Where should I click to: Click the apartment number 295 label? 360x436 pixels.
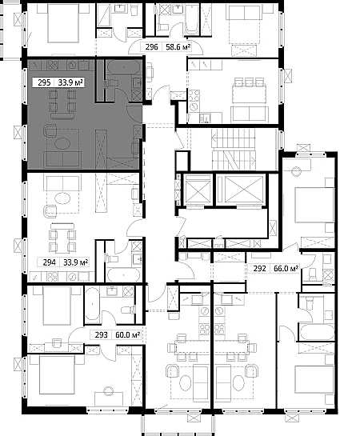tap(44, 82)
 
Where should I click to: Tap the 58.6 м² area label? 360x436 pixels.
tap(178, 47)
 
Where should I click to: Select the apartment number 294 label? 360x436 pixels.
tap(50, 262)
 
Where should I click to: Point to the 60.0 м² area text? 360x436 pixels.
tap(127, 334)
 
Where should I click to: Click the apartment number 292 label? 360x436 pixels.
tap(259, 269)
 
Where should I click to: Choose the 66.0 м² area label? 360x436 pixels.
tap(286, 269)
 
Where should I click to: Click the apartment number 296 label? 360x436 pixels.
tap(152, 47)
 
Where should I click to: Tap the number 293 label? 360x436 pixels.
tap(101, 334)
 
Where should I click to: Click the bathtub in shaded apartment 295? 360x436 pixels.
tap(124, 67)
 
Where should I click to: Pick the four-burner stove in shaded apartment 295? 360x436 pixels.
tap(53, 66)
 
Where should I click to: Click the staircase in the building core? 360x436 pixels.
tap(234, 150)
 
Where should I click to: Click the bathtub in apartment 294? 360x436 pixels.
tap(124, 274)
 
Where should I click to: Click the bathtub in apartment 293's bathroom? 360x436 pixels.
tap(92, 304)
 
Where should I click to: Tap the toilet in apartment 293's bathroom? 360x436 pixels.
tap(128, 310)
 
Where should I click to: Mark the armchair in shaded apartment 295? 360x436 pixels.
tap(50, 130)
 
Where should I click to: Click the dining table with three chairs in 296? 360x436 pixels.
tap(250, 90)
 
